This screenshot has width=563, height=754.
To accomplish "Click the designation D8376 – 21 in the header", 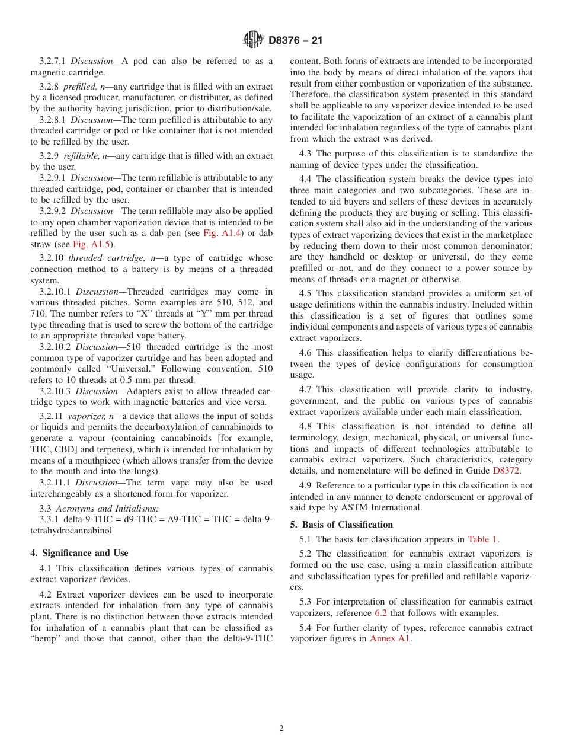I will (296, 40).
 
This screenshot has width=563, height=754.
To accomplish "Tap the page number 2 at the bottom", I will (281, 729).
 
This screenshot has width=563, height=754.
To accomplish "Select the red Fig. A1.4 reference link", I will (219, 233).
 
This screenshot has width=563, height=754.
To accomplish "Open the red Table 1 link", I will (483, 539).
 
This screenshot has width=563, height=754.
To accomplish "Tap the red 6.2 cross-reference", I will (380, 613).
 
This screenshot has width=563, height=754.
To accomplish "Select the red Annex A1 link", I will (390, 638).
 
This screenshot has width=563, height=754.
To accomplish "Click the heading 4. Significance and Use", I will (79, 553).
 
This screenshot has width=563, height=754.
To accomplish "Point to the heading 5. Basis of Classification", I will (341, 525).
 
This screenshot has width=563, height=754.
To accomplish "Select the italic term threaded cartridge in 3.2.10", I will (97, 258).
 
